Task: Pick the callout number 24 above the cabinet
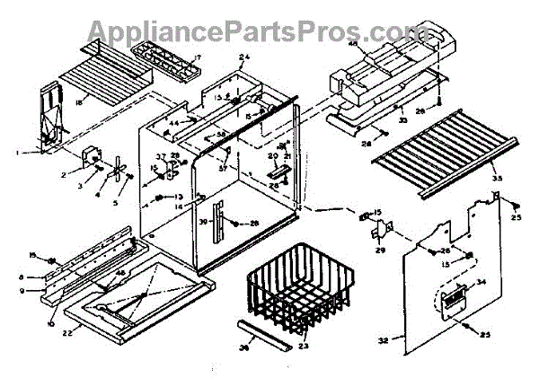click(243, 57)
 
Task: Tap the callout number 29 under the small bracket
click(379, 250)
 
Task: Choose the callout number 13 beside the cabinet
click(178, 196)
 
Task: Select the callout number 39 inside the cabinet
click(203, 222)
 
